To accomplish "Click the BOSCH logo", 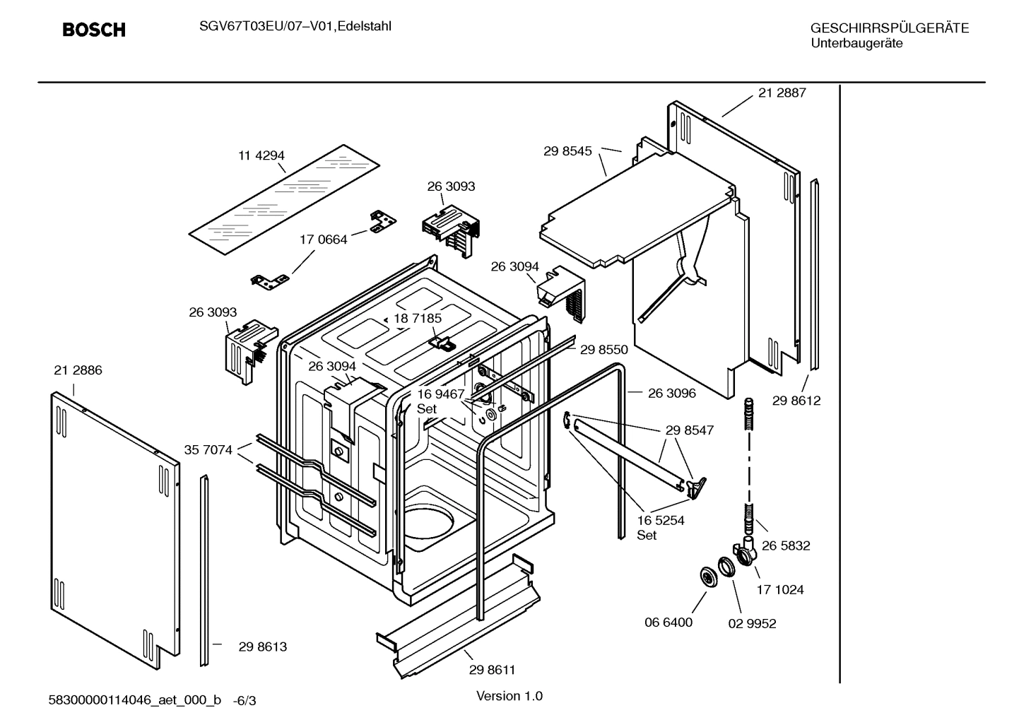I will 94,30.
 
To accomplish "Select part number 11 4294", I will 261,155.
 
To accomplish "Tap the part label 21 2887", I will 782,93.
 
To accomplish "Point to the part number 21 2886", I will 78,370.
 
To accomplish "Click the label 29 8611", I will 492,670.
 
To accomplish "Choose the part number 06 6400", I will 668,622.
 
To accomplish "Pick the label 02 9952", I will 752,623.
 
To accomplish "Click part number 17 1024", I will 780,589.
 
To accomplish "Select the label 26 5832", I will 786,545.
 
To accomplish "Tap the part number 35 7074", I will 208,449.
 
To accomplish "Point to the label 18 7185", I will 418,319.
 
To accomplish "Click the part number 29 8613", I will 262,647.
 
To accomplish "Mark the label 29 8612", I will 796,401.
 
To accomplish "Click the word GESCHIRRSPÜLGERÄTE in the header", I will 889,28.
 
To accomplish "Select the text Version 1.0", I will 509,696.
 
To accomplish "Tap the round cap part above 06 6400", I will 706,577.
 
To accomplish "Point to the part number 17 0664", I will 324,240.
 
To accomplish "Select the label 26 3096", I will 671,393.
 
